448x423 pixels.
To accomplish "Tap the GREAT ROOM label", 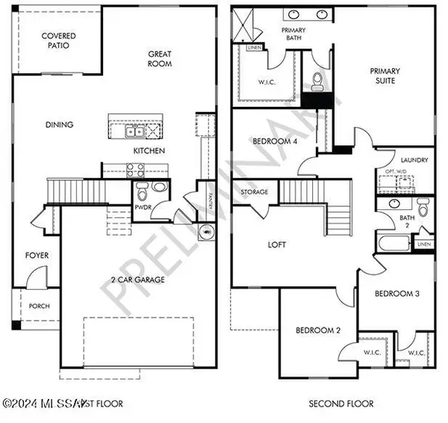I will point(160,59).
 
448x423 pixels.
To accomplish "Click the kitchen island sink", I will point(134,133).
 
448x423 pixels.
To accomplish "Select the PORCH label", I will point(39,305).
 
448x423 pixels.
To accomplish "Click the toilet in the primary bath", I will point(316,80).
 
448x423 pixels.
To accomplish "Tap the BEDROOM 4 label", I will point(276,141).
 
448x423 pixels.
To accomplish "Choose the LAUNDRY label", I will point(413,160).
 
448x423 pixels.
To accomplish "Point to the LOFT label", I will point(278,244).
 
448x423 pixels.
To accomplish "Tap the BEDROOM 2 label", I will point(317,330).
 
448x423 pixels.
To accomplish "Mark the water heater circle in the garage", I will point(205,232).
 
